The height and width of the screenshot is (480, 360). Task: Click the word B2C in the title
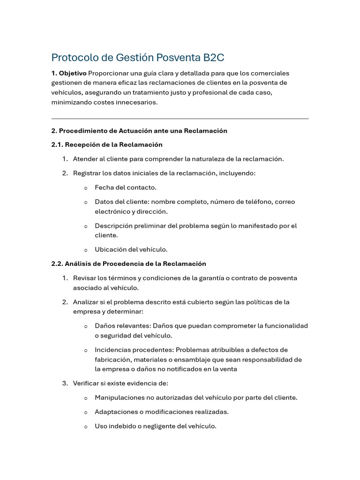coord(214,58)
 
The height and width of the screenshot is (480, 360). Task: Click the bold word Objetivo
coord(73,73)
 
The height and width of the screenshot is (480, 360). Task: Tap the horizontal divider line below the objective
coord(180,119)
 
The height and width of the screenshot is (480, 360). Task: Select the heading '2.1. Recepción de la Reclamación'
coord(107,144)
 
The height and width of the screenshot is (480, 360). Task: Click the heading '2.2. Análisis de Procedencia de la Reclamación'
coord(128,264)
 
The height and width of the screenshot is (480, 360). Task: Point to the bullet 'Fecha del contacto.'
coord(126,187)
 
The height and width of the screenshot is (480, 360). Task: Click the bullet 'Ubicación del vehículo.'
coord(131,249)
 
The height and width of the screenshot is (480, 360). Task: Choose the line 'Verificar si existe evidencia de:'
coord(120,383)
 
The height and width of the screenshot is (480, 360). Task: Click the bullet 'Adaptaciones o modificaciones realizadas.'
coord(162,412)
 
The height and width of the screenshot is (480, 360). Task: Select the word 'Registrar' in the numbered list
coord(86,173)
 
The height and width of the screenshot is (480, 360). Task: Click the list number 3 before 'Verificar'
coord(65,383)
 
